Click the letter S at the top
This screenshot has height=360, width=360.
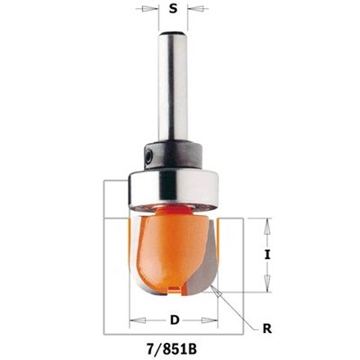pyautogui.click(x=173, y=9)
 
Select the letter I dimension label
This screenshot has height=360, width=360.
pyautogui.click(x=267, y=255)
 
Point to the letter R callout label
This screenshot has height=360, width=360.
pyautogui.click(x=267, y=328)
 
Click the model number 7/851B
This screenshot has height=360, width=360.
pyautogui.click(x=174, y=349)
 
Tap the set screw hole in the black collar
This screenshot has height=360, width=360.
pyautogui.click(x=149, y=157)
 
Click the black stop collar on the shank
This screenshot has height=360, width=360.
pyautogui.click(x=173, y=156)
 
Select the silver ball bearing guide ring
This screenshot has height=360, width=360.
pyautogui.click(x=174, y=190)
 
